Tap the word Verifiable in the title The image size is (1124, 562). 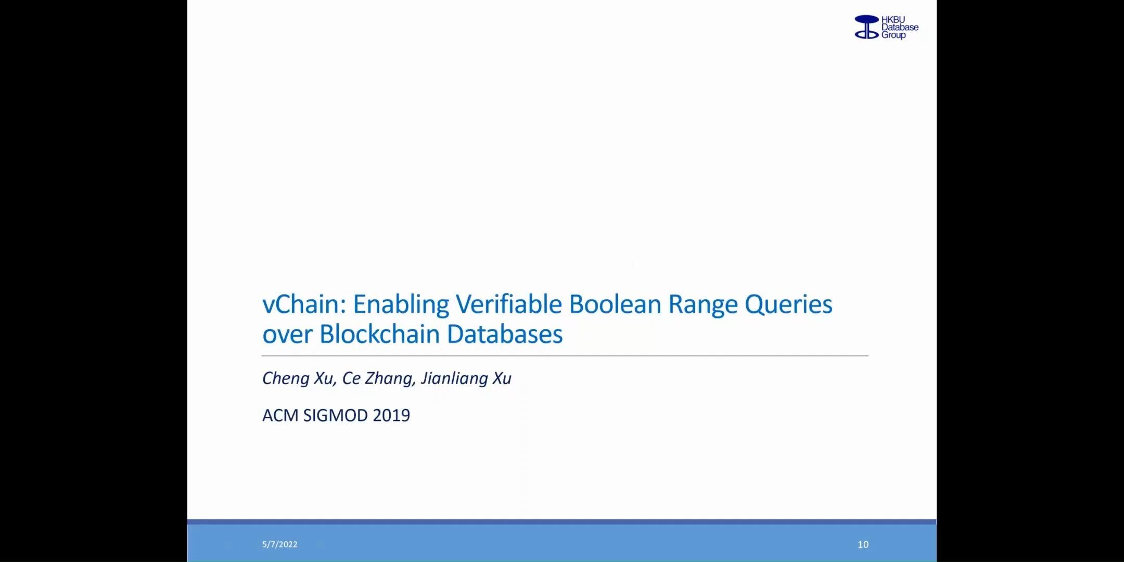pyautogui.click(x=509, y=304)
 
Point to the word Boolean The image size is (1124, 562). pyautogui.click(x=615, y=304)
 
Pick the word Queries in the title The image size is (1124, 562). pyautogui.click(x=788, y=304)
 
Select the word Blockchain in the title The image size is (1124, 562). pyautogui.click(x=379, y=334)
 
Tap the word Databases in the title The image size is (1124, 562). pyautogui.click(x=505, y=334)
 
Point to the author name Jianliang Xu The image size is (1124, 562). pyautogui.click(x=466, y=379)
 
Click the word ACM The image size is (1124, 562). pyautogui.click(x=280, y=415)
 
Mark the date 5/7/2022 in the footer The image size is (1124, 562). pyautogui.click(x=280, y=544)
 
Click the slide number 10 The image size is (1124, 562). pyautogui.click(x=863, y=544)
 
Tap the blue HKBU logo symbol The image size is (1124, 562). pyautogui.click(x=867, y=27)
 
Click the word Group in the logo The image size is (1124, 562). pyautogui.click(x=893, y=35)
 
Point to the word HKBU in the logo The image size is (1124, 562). pyautogui.click(x=893, y=20)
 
